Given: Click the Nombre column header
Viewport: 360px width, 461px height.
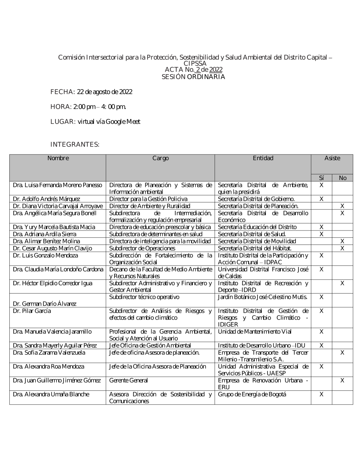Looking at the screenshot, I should pyautogui.click(x=58, y=158).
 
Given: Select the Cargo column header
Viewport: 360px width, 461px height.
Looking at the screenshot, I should pyautogui.click(x=160, y=158).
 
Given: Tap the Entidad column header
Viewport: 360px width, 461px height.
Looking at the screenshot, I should pyautogui.click(x=263, y=158).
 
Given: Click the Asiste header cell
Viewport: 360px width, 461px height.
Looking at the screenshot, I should pyautogui.click(x=332, y=158).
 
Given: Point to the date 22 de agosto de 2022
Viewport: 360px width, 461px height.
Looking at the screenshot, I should pyautogui.click(x=104, y=92).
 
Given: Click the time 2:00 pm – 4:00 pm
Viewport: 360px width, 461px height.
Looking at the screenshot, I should pyautogui.click(x=100, y=107).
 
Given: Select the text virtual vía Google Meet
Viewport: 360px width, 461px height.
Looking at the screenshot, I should pyautogui.click(x=109, y=122).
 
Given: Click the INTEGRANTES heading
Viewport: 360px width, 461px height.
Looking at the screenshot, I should pyautogui.click(x=75, y=144).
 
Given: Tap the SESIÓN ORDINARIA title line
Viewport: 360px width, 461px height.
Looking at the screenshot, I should pyautogui.click(x=193, y=77).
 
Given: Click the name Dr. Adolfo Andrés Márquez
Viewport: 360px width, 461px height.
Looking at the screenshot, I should pyautogui.click(x=46, y=199).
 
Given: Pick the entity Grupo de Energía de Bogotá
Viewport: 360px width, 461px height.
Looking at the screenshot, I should pyautogui.click(x=252, y=394).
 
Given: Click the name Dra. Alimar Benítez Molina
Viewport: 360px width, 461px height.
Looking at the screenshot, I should pyautogui.click(x=46, y=241).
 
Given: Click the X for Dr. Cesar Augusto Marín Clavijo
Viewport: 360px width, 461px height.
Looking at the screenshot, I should pyautogui.click(x=342, y=249).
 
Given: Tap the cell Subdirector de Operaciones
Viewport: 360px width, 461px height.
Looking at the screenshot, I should pyautogui.click(x=142, y=249).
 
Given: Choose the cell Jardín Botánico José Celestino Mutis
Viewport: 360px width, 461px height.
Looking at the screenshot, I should pyautogui.click(x=262, y=297).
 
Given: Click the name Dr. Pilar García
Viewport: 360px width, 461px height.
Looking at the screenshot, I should pyautogui.click(x=32, y=311).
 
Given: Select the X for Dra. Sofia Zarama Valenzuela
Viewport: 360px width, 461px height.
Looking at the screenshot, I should pyautogui.click(x=342, y=353).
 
